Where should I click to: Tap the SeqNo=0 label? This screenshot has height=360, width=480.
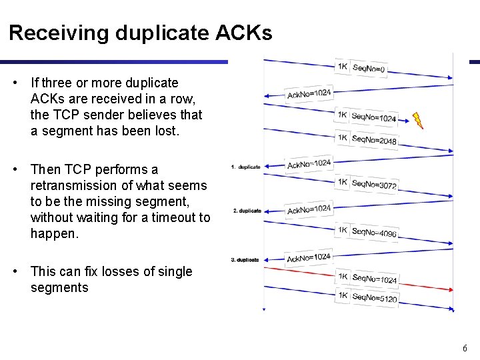368,68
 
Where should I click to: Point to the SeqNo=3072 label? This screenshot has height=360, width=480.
374,183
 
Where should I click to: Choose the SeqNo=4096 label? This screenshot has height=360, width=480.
374,233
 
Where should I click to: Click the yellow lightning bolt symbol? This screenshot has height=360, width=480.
417,121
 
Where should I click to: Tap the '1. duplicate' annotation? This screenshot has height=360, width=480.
245,167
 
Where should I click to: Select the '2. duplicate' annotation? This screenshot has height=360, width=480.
247,211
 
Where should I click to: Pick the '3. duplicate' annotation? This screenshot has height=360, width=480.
245,259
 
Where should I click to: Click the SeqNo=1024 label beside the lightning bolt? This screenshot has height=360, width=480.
373,118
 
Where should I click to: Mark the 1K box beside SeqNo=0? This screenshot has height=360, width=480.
342,66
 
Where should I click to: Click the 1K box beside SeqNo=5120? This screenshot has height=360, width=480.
342,295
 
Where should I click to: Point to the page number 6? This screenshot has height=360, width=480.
465,348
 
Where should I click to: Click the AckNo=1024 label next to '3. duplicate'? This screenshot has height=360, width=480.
309,257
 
